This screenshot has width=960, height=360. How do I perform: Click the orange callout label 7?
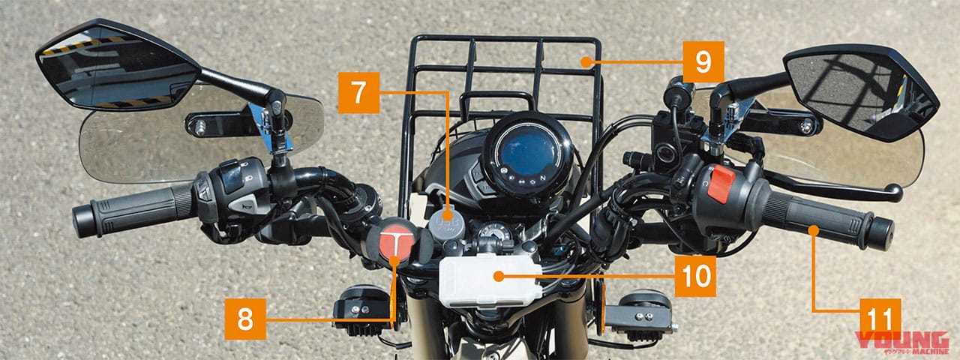tap(358, 92)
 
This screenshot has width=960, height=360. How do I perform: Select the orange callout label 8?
tap(245, 319)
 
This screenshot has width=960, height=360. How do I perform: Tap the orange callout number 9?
tap(703, 61)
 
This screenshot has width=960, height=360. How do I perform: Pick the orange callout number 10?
tap(694, 276)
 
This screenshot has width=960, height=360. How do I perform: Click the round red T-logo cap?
tap(394, 241)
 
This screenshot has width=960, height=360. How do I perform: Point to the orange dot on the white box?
tap(496, 276)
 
